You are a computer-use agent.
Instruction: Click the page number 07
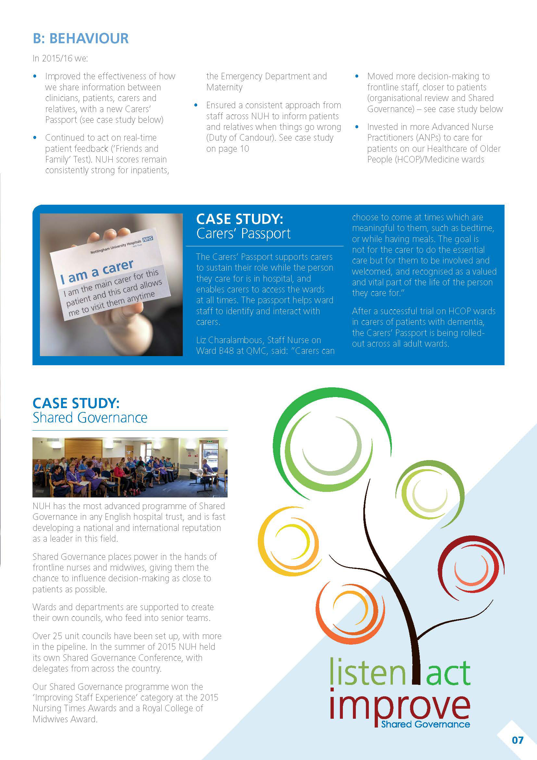pos(518,740)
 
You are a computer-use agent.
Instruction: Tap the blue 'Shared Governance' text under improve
pos(425,725)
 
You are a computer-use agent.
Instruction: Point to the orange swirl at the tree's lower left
pos(347,612)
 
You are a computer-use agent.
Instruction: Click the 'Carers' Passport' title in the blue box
pos(244,234)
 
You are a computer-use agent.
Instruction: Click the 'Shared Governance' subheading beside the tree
pos(90,418)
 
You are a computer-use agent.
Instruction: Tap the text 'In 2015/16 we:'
pos(60,58)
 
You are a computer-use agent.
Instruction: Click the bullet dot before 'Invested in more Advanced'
pos(357,127)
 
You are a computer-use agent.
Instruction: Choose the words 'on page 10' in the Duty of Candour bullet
pos(228,149)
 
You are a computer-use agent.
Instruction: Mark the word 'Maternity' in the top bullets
pos(224,87)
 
